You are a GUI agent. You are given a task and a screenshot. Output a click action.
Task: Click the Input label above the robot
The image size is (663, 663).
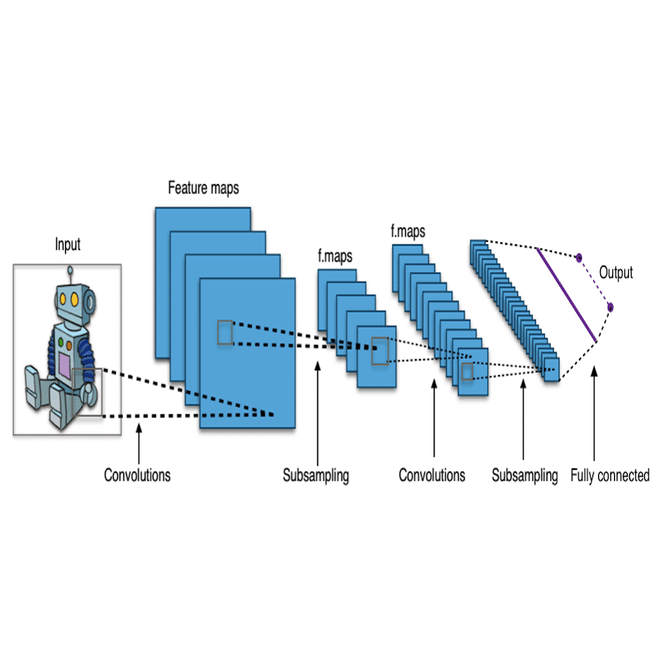coord(68,245)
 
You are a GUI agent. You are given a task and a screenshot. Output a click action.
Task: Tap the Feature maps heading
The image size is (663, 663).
coord(203,188)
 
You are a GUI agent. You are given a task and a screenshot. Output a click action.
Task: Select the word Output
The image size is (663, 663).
coord(615,273)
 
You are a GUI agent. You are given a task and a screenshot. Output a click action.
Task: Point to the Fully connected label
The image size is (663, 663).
coord(610,475)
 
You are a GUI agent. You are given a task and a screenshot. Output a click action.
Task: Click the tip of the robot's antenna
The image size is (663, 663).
coord(71,269)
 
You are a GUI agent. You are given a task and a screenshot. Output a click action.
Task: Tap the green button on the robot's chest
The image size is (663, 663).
coord(61,338)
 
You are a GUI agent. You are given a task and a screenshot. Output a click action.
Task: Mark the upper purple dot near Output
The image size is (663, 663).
coord(578,257)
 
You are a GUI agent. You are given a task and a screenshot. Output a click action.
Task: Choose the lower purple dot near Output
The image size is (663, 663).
coord(610,306)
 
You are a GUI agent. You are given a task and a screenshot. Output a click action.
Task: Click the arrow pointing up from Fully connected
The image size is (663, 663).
coord(594,417)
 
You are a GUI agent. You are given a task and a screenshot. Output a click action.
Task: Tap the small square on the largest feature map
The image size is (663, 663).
coord(225,332)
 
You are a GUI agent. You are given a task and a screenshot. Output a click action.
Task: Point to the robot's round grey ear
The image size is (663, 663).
coord(90,301)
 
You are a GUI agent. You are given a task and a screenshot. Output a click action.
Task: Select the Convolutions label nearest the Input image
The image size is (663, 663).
coord(137,475)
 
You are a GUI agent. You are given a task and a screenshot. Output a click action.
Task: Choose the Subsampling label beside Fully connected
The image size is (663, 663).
coord(525,475)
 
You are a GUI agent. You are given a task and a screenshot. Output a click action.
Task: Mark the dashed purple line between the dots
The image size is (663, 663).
coord(594,282)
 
